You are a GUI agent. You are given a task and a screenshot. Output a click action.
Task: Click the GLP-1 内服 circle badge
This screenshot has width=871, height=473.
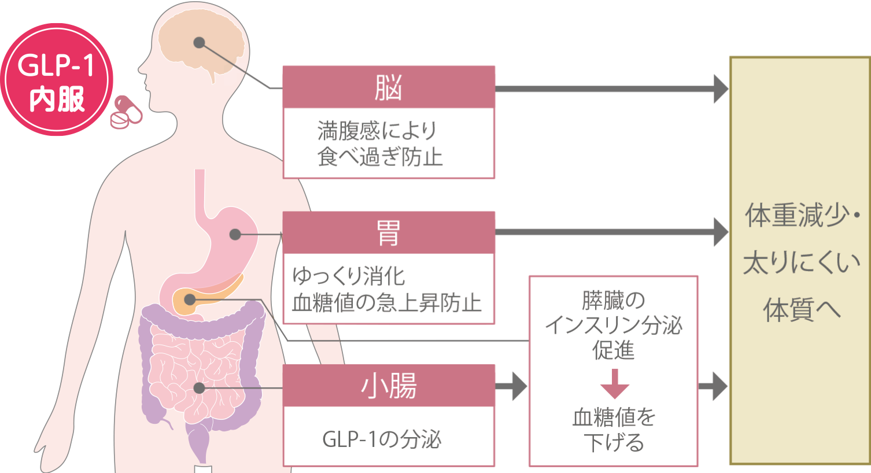[x=56, y=80]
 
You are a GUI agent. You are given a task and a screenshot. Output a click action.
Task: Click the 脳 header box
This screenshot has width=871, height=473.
[x=388, y=87]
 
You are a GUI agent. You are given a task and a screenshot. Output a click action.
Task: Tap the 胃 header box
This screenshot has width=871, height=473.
[x=388, y=233]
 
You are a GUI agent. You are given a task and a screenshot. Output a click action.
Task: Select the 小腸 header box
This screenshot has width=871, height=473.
[x=388, y=386]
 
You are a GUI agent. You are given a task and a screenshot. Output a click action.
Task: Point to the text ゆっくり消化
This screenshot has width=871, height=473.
[x=349, y=276]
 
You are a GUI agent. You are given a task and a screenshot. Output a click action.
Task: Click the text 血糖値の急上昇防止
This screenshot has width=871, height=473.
[x=386, y=302]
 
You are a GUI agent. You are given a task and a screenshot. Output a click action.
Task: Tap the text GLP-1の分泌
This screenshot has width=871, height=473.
[x=382, y=439]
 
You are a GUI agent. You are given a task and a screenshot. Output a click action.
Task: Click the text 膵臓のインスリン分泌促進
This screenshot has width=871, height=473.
[x=613, y=325]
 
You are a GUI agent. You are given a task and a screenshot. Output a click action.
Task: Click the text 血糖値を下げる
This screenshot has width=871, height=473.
[x=614, y=430]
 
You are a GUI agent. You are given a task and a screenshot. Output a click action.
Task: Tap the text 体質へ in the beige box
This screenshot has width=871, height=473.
[x=802, y=310]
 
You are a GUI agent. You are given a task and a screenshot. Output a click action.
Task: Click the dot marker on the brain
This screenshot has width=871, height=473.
[x=199, y=43]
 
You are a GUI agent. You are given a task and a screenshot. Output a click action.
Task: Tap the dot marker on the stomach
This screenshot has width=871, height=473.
[x=235, y=234]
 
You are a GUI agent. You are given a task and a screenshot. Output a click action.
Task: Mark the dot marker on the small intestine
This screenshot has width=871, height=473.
[x=199, y=387]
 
